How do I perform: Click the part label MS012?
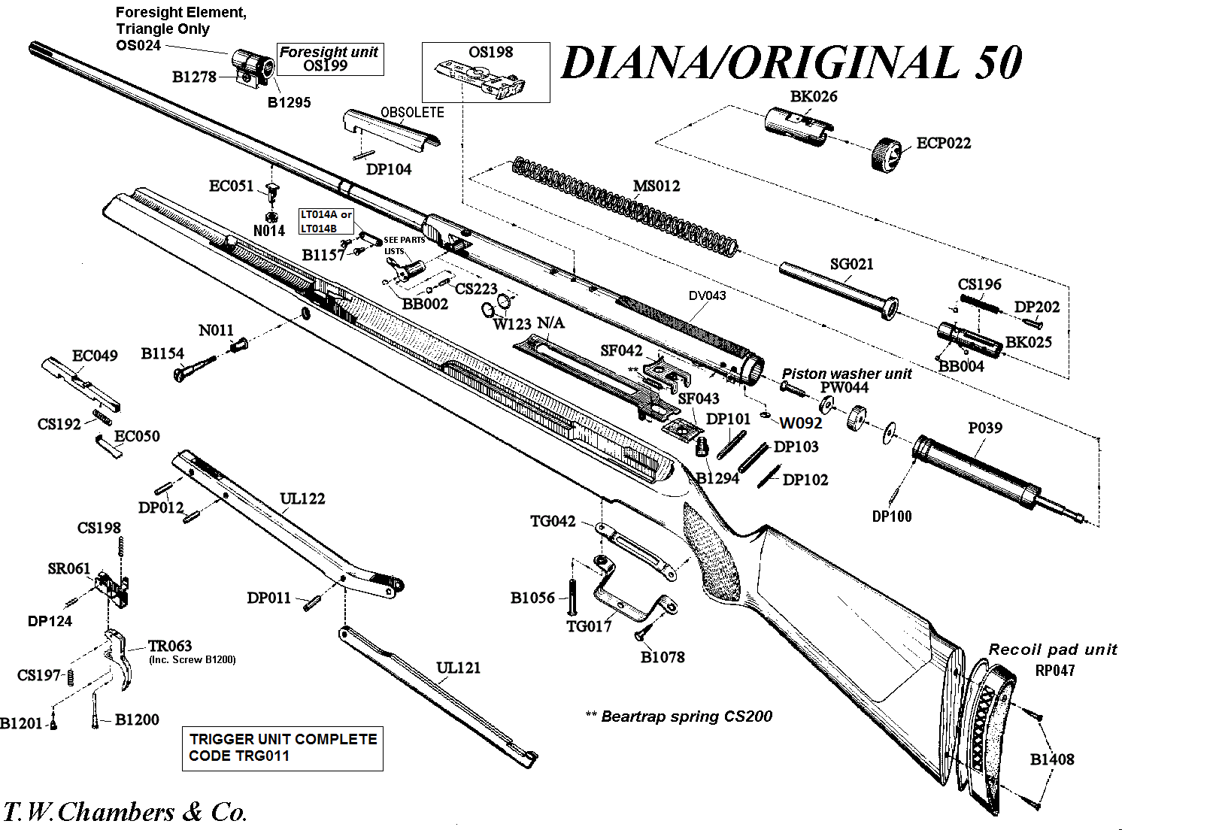coord(656,186)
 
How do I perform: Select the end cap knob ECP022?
coord(887,155)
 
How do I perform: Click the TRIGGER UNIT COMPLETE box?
coord(282,748)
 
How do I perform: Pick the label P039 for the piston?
coord(984,428)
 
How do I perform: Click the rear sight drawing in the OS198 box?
coord(481,80)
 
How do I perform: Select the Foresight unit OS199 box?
coord(329,59)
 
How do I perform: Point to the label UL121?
coord(458,668)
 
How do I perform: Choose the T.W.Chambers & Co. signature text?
coord(125,812)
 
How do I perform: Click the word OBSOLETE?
coord(412,113)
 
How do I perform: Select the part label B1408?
coord(1051,759)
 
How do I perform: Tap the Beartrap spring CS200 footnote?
coord(679,716)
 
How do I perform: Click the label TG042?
coord(552,521)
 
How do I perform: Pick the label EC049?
coord(95,356)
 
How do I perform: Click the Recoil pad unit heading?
coord(1052,650)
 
